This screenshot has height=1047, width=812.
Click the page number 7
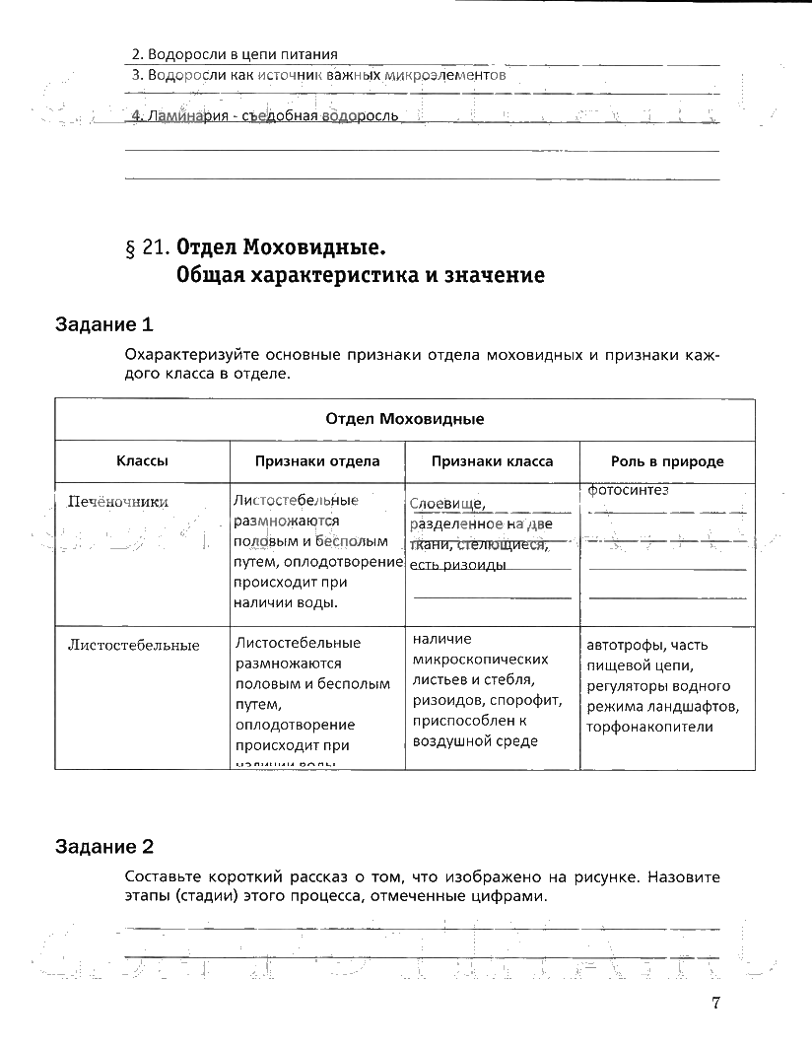[716, 1003]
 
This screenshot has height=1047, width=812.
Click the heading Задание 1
[105, 324]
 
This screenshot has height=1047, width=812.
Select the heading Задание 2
[105, 846]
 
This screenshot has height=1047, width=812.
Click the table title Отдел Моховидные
[404, 419]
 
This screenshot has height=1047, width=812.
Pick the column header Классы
[142, 461]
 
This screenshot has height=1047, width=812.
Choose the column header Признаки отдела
[317, 461]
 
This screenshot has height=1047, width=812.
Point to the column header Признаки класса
[493, 461]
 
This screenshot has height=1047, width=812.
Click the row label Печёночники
[117, 502]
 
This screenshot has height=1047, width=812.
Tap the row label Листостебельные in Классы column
[133, 646]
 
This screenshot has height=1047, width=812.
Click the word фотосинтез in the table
[628, 490]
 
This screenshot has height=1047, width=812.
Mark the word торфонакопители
[649, 728]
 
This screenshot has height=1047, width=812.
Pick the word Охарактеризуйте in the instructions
[184, 355]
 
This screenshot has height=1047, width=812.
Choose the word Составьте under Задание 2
[163, 876]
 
